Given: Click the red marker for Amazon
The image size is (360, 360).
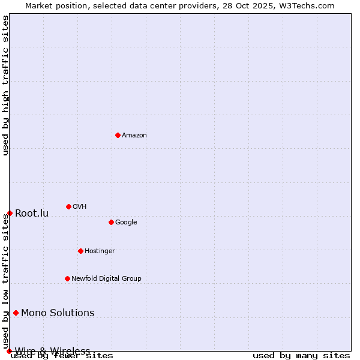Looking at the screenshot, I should click(x=118, y=135).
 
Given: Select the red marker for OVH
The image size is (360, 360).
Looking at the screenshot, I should click(x=68, y=206).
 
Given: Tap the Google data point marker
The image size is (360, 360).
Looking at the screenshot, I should click(x=111, y=222).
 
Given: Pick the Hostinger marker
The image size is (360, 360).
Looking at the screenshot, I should click(x=80, y=251).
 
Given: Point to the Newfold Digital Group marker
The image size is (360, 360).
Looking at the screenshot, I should click(x=67, y=278).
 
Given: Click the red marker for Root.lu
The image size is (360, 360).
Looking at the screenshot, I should click(x=10, y=213).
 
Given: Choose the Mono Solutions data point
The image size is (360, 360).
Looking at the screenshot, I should click(x=16, y=313).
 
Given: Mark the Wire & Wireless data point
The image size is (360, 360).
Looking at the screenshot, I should click(x=9, y=351).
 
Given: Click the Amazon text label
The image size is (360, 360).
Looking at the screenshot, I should click(x=134, y=135).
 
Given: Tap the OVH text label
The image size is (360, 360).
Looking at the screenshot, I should click(x=79, y=206).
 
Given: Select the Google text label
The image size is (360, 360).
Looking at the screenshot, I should click(x=126, y=222).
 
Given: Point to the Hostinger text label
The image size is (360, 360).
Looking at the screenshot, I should click(x=100, y=251).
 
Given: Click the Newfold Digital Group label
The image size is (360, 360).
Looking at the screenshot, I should click(x=106, y=278).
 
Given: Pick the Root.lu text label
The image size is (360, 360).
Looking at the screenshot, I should click(x=32, y=213).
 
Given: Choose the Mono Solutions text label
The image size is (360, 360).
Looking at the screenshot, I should click(x=58, y=313).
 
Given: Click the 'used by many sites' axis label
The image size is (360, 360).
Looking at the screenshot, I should click(x=301, y=355).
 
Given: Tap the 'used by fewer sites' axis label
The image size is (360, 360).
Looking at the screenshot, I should click(x=62, y=355).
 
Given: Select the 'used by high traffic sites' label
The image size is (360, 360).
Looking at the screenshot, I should click(x=5, y=85).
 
